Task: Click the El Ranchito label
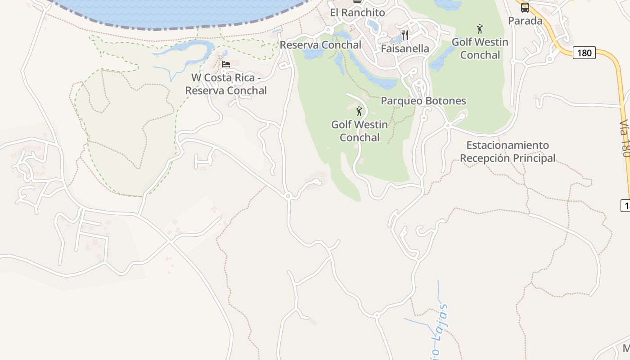click(357, 13)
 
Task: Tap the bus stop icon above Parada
click(525, 8)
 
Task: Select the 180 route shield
click(584, 53)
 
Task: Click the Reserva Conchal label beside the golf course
click(320, 45)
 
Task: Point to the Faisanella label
click(405, 49)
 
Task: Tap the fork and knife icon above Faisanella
click(405, 35)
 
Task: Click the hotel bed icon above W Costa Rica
click(226, 65)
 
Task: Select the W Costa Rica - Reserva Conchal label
click(226, 84)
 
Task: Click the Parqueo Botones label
click(423, 101)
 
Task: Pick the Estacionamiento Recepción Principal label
click(508, 152)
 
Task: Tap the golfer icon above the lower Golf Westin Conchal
click(359, 111)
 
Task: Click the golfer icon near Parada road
click(480, 29)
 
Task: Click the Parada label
click(525, 21)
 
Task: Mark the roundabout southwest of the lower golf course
click(288, 196)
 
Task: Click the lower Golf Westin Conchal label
click(359, 131)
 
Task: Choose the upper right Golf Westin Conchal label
click(480, 49)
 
